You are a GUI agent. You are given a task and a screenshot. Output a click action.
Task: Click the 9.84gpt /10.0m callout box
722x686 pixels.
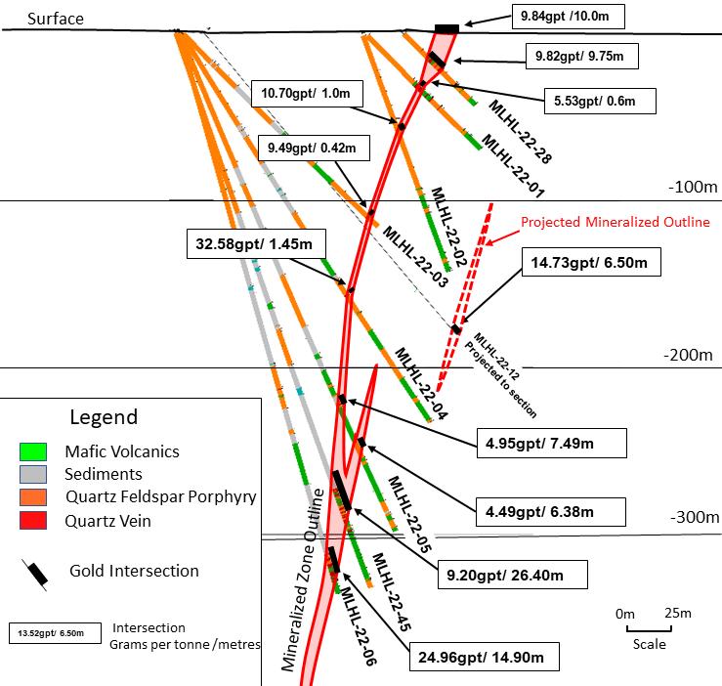[568, 17]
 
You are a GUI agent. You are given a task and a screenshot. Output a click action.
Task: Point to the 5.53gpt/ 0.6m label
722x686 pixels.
[599, 101]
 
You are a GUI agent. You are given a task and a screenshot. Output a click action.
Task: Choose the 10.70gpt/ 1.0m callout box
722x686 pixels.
[307, 94]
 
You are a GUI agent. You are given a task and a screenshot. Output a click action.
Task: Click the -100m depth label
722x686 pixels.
[694, 186]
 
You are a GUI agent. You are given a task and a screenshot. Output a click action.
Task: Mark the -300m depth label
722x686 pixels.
[694, 518]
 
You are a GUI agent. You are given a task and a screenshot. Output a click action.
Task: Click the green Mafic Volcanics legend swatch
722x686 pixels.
[33, 452]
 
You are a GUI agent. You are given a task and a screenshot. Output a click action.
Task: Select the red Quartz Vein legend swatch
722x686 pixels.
[33, 522]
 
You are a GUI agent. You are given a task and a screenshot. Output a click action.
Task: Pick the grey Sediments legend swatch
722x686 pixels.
[33, 475]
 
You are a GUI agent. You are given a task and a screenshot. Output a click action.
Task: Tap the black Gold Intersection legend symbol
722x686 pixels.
[35, 574]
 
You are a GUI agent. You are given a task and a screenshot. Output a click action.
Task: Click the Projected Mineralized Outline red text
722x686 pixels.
[615, 223]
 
